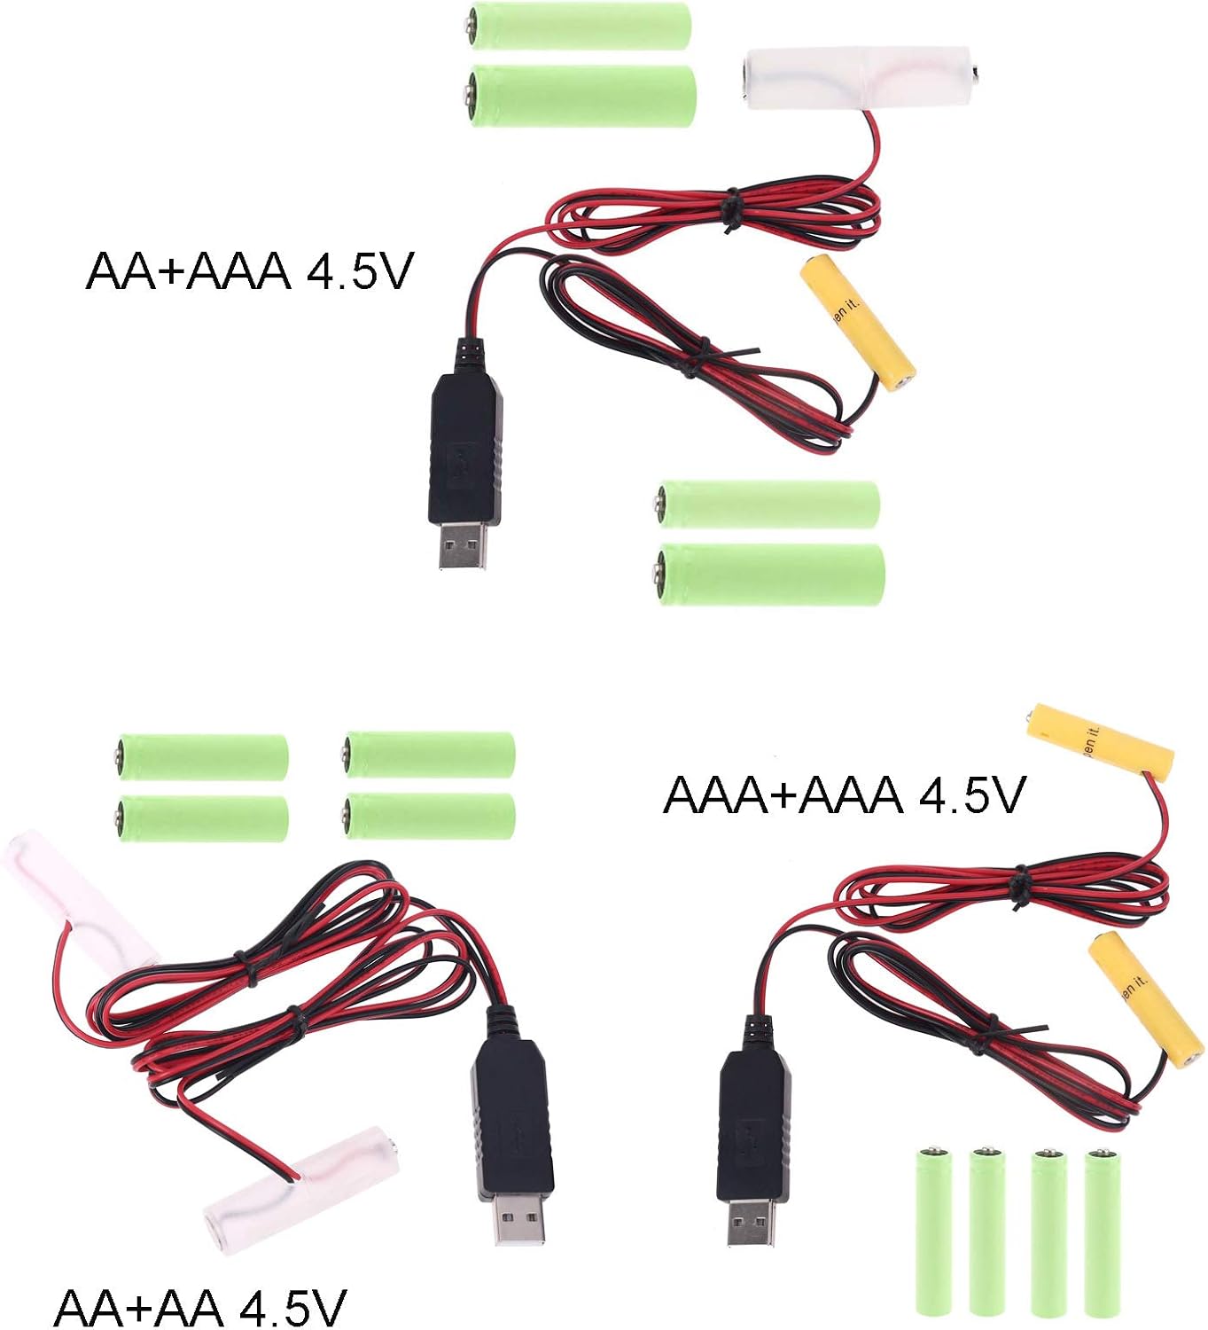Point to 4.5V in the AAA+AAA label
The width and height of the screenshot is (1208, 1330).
tap(971, 794)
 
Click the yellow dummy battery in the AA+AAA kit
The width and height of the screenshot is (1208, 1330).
tap(858, 324)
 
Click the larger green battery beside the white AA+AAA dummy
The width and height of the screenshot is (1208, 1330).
tap(581, 95)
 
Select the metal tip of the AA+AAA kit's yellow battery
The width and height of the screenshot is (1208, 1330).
tap(903, 383)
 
